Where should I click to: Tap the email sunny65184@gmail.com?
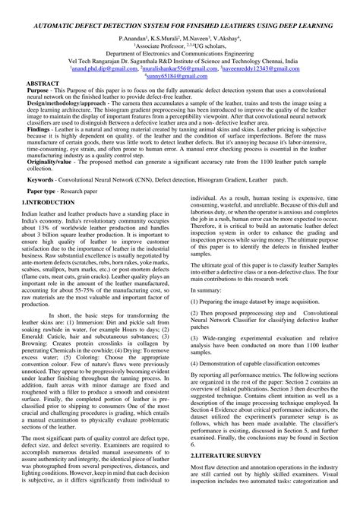tap(181, 76)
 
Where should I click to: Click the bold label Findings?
tap(39, 131)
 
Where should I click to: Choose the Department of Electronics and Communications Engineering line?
tap(181, 55)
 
